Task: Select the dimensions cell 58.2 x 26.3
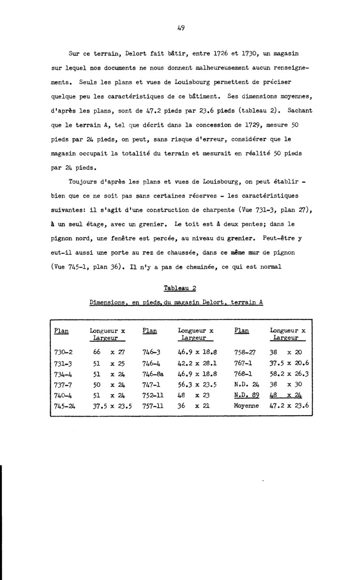coord(289,373)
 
